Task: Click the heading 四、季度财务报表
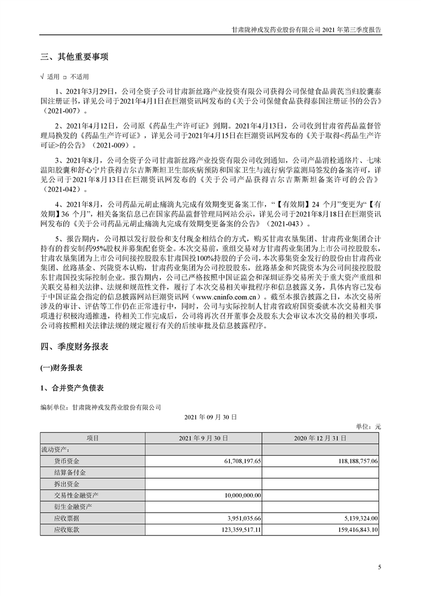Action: click(75, 347)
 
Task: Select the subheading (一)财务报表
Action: click(61, 368)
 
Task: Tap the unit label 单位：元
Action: click(367, 427)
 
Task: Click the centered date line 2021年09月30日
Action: click(211, 419)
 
